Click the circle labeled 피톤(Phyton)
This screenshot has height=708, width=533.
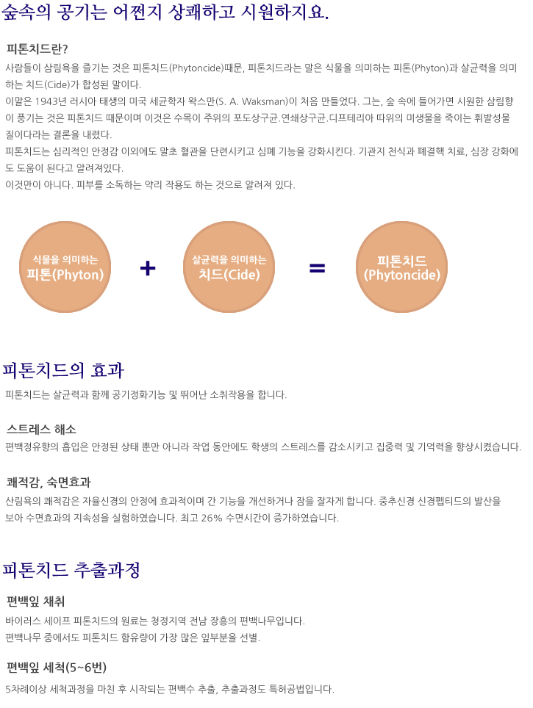pos(65,267)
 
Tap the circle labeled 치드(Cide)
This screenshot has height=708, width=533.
pos(229,267)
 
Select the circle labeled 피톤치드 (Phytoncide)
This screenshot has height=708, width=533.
pos(402,267)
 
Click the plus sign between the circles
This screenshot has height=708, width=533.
pos(148,268)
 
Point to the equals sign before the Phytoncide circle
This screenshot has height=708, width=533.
pos(318,268)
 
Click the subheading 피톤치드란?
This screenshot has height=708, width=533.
pos(37,48)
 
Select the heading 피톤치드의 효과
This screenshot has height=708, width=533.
pos(63,370)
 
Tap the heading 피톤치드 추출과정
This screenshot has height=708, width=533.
pos(71,570)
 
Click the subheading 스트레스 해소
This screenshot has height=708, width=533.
pos(41,429)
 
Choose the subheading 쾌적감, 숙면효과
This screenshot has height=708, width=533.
pos(49,483)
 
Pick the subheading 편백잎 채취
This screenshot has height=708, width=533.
pos(36,602)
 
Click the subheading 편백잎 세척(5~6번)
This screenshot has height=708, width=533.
pos(57,668)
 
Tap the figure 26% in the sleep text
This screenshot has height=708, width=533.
pos(212,518)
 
